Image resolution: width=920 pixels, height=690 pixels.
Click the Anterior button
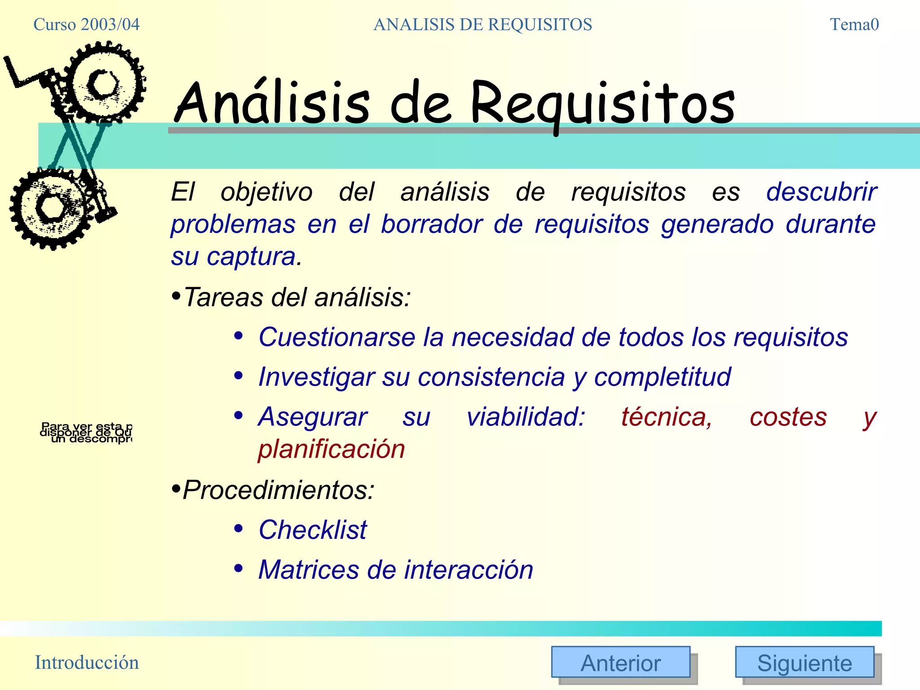(x=620, y=662)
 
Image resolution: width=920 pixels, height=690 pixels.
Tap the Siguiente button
(x=804, y=662)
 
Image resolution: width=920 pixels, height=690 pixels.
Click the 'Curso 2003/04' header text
(x=86, y=25)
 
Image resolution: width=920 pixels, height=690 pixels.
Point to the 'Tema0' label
(x=854, y=25)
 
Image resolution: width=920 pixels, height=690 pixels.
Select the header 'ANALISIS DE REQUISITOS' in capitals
(x=482, y=25)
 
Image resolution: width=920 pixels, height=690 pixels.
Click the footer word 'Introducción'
(x=87, y=663)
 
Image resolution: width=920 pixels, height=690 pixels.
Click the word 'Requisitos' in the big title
(x=602, y=104)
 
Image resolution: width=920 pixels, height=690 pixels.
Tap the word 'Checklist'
(x=313, y=530)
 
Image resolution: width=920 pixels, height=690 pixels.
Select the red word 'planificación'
(x=332, y=449)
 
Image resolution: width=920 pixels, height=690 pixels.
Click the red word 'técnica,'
(x=667, y=417)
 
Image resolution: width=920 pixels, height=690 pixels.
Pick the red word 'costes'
(x=788, y=417)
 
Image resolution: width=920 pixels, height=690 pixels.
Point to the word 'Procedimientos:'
(x=279, y=490)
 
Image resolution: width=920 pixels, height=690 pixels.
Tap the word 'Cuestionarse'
(x=337, y=337)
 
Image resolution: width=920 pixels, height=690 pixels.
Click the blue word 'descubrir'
(x=821, y=192)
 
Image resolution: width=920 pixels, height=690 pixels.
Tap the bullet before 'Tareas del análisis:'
(x=176, y=296)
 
